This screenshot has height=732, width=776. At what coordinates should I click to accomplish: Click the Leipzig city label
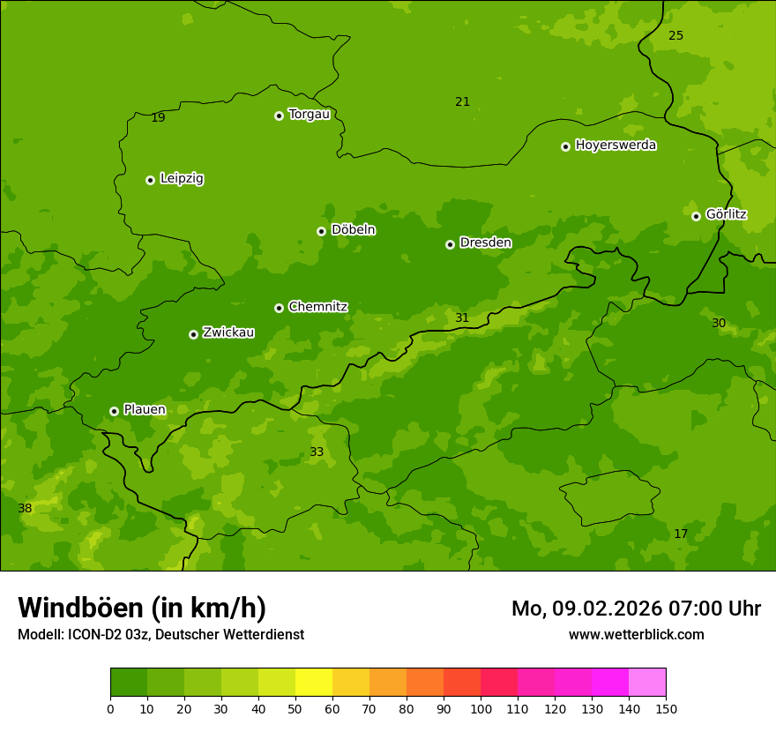click(182, 178)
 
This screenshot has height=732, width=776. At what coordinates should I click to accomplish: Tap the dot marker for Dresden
click(450, 244)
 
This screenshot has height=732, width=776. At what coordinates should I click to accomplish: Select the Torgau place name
click(309, 115)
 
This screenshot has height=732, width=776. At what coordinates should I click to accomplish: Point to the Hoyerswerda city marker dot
click(565, 146)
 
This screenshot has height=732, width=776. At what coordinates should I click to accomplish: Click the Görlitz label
click(726, 214)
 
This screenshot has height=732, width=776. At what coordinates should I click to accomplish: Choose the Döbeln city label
click(353, 230)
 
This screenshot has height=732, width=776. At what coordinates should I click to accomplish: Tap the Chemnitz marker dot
click(279, 308)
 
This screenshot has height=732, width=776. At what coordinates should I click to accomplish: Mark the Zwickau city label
click(228, 332)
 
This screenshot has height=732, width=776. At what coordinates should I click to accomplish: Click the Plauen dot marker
click(114, 411)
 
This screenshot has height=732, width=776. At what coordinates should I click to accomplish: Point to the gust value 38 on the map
click(25, 509)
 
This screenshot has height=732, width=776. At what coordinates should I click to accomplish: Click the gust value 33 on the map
click(317, 452)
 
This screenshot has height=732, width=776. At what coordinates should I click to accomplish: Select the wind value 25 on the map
click(675, 36)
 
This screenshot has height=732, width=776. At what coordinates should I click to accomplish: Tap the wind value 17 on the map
click(681, 534)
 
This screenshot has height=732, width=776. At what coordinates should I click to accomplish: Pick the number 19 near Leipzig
click(158, 118)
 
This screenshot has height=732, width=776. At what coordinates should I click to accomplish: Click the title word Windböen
click(80, 609)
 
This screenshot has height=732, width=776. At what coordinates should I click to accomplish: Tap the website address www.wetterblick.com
click(636, 635)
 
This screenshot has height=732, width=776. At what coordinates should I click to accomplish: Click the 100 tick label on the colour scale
click(481, 708)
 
